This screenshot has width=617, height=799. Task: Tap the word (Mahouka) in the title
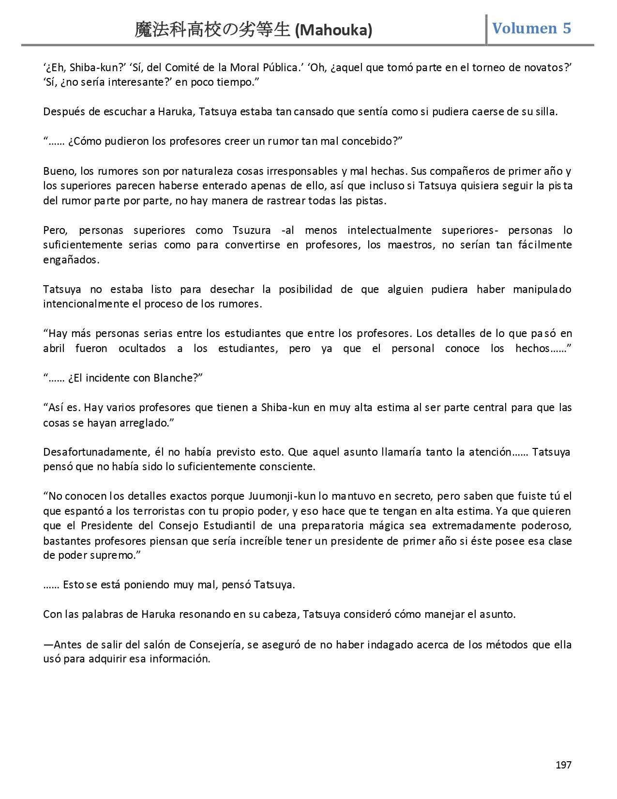pyautogui.click(x=333, y=31)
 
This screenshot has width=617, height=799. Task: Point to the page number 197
pyautogui.click(x=563, y=765)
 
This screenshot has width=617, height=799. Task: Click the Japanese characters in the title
pyautogui.click(x=212, y=31)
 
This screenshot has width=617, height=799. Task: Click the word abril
pyautogui.click(x=54, y=349)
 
